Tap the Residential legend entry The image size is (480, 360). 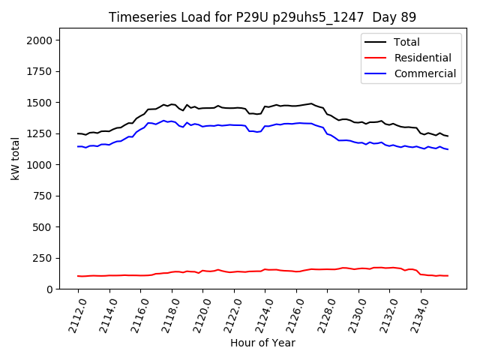(x=423, y=58)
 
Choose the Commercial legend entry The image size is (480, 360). (x=425, y=73)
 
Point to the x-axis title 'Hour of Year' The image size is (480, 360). (x=262, y=343)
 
